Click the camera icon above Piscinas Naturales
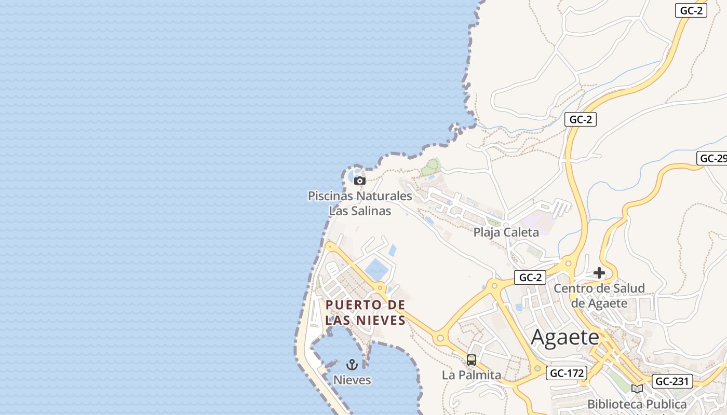359,181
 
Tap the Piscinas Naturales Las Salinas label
360,203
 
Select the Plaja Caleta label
506,232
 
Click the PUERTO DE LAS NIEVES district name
365,312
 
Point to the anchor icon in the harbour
352,365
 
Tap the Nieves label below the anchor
352,380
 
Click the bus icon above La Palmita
472,359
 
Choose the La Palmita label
472,375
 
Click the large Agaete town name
565,338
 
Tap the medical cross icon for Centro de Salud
599,273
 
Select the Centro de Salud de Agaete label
599,295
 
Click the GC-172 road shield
566,372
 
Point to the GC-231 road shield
672,381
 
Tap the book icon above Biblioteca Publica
637,389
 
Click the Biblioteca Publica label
637,404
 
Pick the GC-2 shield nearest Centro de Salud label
530,278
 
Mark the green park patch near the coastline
430,167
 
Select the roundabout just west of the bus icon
440,338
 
